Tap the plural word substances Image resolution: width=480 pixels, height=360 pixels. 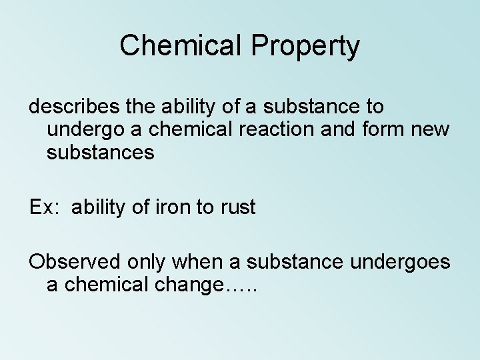101,153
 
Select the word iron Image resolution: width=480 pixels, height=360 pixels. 173,207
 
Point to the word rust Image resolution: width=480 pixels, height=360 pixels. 236,207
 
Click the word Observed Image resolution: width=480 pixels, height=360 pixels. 73,262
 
